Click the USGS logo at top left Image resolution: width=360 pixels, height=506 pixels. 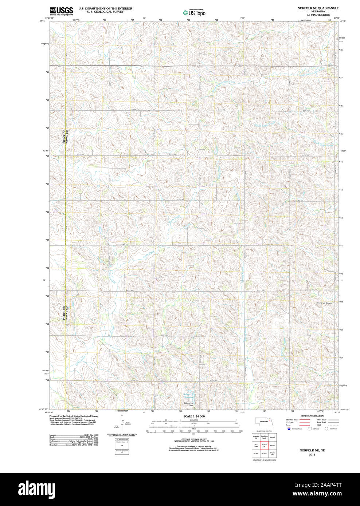pyautogui.click(x=61, y=10)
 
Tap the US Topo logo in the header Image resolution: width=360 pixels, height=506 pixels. pyautogui.click(x=194, y=12)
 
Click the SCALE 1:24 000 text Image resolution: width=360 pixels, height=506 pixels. pyautogui.click(x=194, y=416)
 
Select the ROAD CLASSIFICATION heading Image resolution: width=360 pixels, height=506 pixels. pyautogui.click(x=312, y=416)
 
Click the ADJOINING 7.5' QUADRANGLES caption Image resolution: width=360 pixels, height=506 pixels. pyautogui.click(x=264, y=460)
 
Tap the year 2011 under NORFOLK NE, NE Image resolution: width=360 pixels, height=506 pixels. pyautogui.click(x=312, y=455)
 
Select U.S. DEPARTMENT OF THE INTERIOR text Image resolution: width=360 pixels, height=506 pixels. pyautogui.click(x=103, y=8)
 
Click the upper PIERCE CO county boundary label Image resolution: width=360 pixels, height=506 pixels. pyautogui.click(x=64, y=137)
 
